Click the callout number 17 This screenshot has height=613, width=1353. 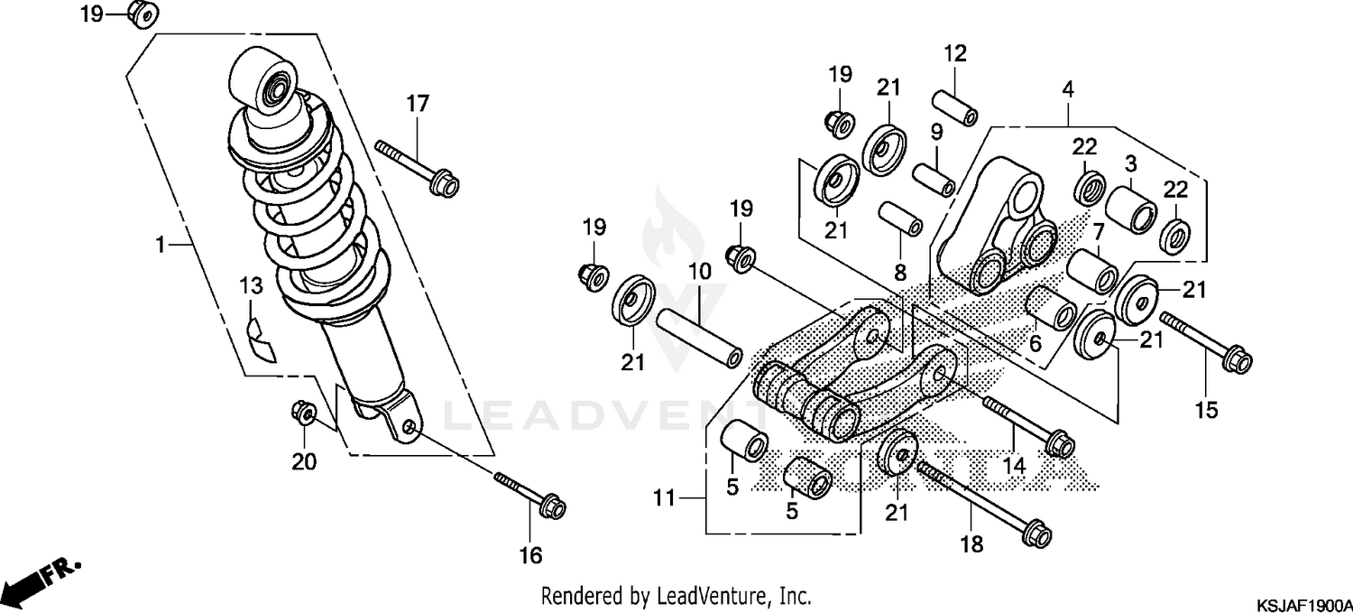[x=417, y=104]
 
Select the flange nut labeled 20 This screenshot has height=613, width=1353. [x=302, y=413]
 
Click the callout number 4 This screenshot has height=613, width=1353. [x=1068, y=89]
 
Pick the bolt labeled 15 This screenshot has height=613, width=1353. [x=1204, y=343]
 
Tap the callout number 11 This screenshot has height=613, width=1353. [x=664, y=497]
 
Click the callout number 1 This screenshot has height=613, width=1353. [x=160, y=245]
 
